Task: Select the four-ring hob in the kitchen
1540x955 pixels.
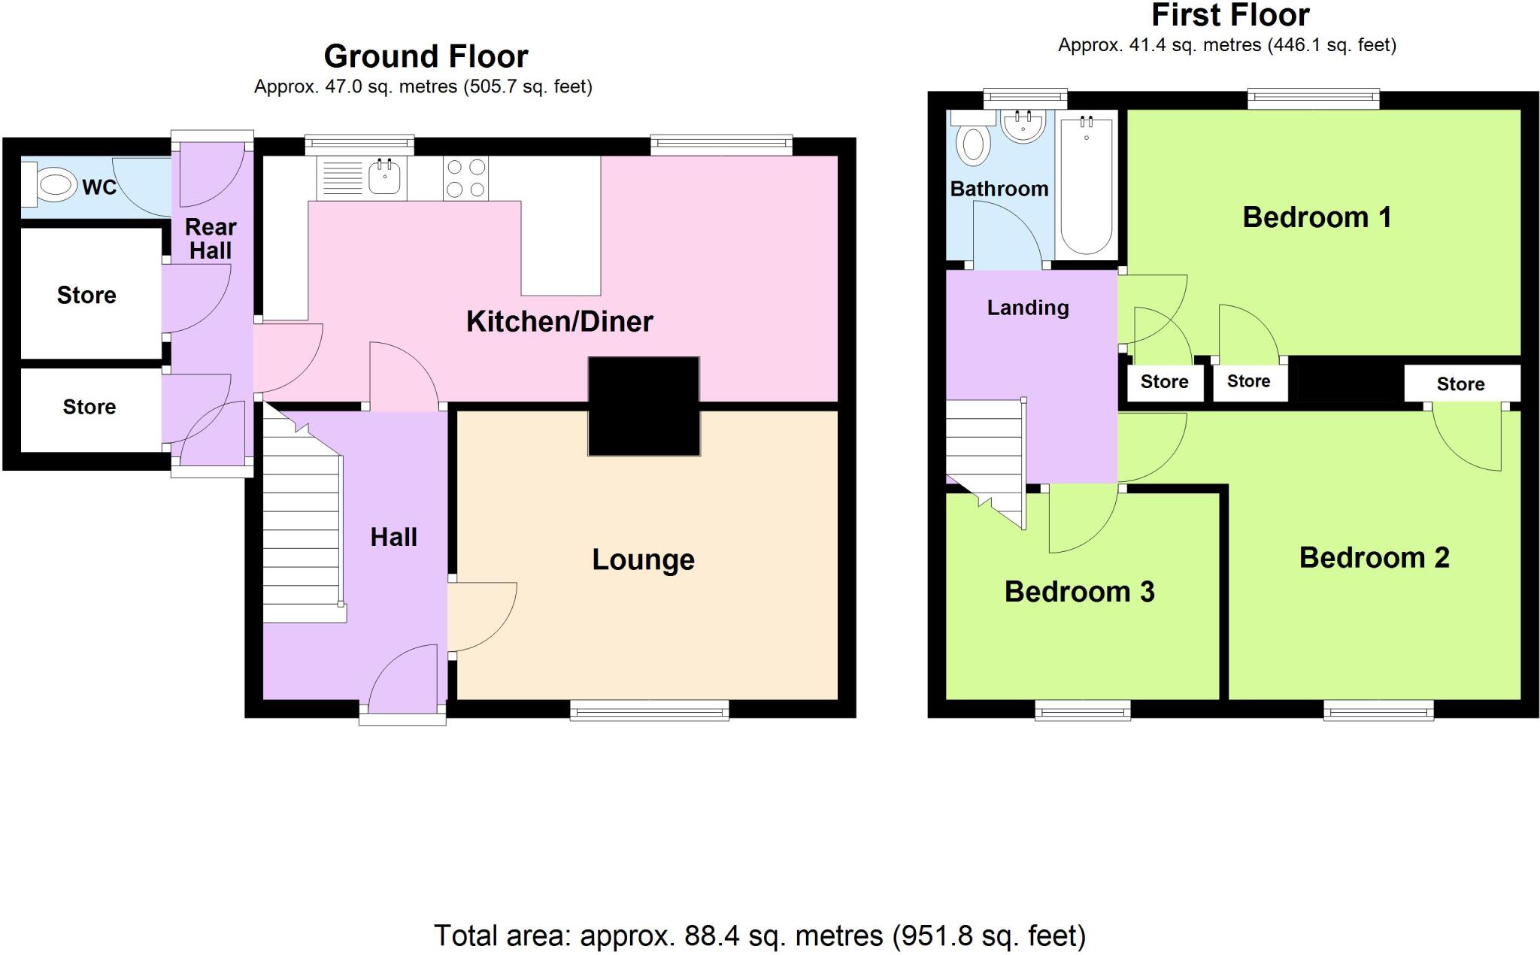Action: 465,178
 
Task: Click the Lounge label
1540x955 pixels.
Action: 643,560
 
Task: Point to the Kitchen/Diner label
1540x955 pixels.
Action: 559,322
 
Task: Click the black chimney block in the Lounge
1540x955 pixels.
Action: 644,406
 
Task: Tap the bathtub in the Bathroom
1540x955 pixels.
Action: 1087,184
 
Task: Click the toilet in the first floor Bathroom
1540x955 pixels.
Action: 973,143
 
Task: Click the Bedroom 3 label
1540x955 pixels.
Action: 1079,592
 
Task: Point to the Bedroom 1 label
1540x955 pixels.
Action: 1316,217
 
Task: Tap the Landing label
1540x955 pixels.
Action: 1028,308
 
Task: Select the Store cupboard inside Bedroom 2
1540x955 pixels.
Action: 1461,384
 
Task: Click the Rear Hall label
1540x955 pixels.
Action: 211,238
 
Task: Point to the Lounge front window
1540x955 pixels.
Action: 649,710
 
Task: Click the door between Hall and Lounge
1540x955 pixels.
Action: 481,617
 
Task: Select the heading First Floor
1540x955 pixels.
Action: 1230,15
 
